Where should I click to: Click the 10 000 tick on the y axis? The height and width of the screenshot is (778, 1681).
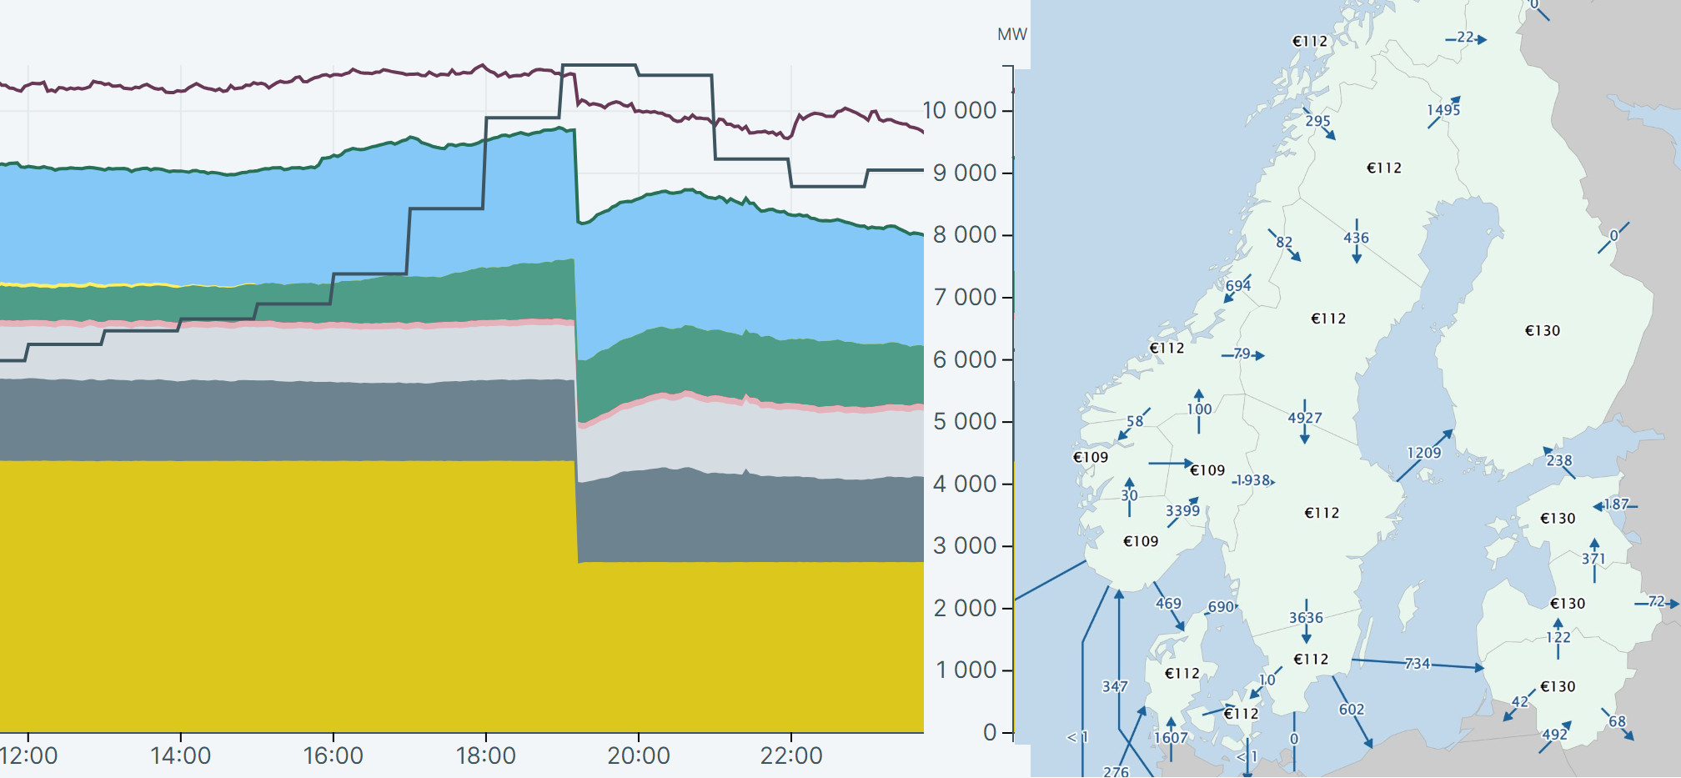coord(960,110)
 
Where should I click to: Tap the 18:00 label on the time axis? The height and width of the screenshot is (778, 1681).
coord(485,755)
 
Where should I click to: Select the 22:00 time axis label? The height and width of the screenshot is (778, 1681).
coord(790,755)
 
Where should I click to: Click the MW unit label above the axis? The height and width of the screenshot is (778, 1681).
coord(1011,34)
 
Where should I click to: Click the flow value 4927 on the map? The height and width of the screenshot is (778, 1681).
coord(1305,418)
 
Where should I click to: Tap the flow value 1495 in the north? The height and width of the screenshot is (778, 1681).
coord(1443,110)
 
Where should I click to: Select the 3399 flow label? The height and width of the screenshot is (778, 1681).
coord(1182,510)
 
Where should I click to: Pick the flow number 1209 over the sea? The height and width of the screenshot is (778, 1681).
coord(1423,453)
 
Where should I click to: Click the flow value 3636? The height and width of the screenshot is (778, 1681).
coord(1306,618)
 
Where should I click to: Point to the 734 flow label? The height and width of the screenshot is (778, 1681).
coord(1417,664)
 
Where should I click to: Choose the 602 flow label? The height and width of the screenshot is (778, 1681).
coord(1352,710)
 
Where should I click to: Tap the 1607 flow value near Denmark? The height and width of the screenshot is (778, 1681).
coord(1171,738)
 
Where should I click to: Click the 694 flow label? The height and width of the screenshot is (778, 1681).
coord(1238,285)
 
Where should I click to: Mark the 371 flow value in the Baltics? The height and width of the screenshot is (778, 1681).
coord(1593,559)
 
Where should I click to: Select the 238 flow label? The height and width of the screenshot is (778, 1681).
coord(1559,460)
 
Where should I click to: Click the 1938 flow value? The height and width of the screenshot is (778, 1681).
coord(1252,480)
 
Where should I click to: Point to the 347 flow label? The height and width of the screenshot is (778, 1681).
coord(1115,686)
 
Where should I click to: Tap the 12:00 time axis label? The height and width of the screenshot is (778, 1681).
coord(29,755)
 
